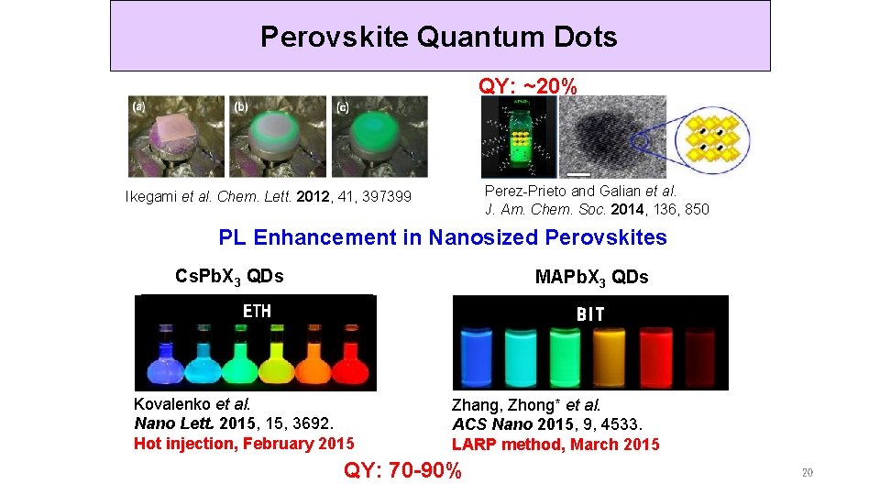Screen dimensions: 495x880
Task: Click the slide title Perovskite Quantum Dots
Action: point(439,37)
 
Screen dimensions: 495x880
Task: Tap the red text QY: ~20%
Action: point(528,86)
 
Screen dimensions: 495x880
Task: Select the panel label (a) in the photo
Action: point(139,106)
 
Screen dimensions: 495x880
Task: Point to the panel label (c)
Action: point(342,106)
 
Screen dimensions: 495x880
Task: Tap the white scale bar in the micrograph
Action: point(578,172)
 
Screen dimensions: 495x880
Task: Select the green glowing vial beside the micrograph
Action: point(518,137)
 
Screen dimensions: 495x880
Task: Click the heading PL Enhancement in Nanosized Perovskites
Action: point(443,237)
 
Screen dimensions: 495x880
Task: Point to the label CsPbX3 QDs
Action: point(229,276)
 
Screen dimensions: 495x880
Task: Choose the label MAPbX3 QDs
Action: point(591,277)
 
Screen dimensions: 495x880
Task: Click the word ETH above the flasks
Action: point(257,311)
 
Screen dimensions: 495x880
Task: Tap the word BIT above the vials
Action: point(590,313)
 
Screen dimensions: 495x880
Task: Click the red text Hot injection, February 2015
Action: point(244,444)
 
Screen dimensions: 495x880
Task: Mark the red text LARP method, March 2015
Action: point(555,445)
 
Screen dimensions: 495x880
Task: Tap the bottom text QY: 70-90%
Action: point(402,471)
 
